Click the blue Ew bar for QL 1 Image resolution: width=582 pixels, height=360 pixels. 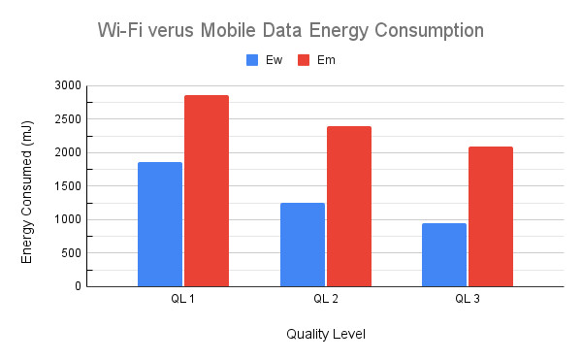pyautogui.click(x=160, y=224)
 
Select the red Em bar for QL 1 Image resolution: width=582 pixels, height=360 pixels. pyautogui.click(x=207, y=190)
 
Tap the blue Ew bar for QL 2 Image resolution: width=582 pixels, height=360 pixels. pyautogui.click(x=302, y=245)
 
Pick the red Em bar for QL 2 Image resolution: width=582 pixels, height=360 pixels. pyautogui.click(x=348, y=206)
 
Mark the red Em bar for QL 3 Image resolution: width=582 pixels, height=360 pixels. pyautogui.click(x=490, y=216)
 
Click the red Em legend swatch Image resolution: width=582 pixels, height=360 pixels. pyautogui.click(x=302, y=60)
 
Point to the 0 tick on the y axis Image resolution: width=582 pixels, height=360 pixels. pyautogui.click(x=77, y=286)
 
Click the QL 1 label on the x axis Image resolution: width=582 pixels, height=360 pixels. pyautogui.click(x=183, y=299)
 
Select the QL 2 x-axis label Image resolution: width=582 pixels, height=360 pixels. pyautogui.click(x=325, y=299)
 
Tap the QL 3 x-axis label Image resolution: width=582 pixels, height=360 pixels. pyautogui.click(x=467, y=299)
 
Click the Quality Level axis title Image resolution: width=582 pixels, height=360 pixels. pyautogui.click(x=325, y=334)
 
